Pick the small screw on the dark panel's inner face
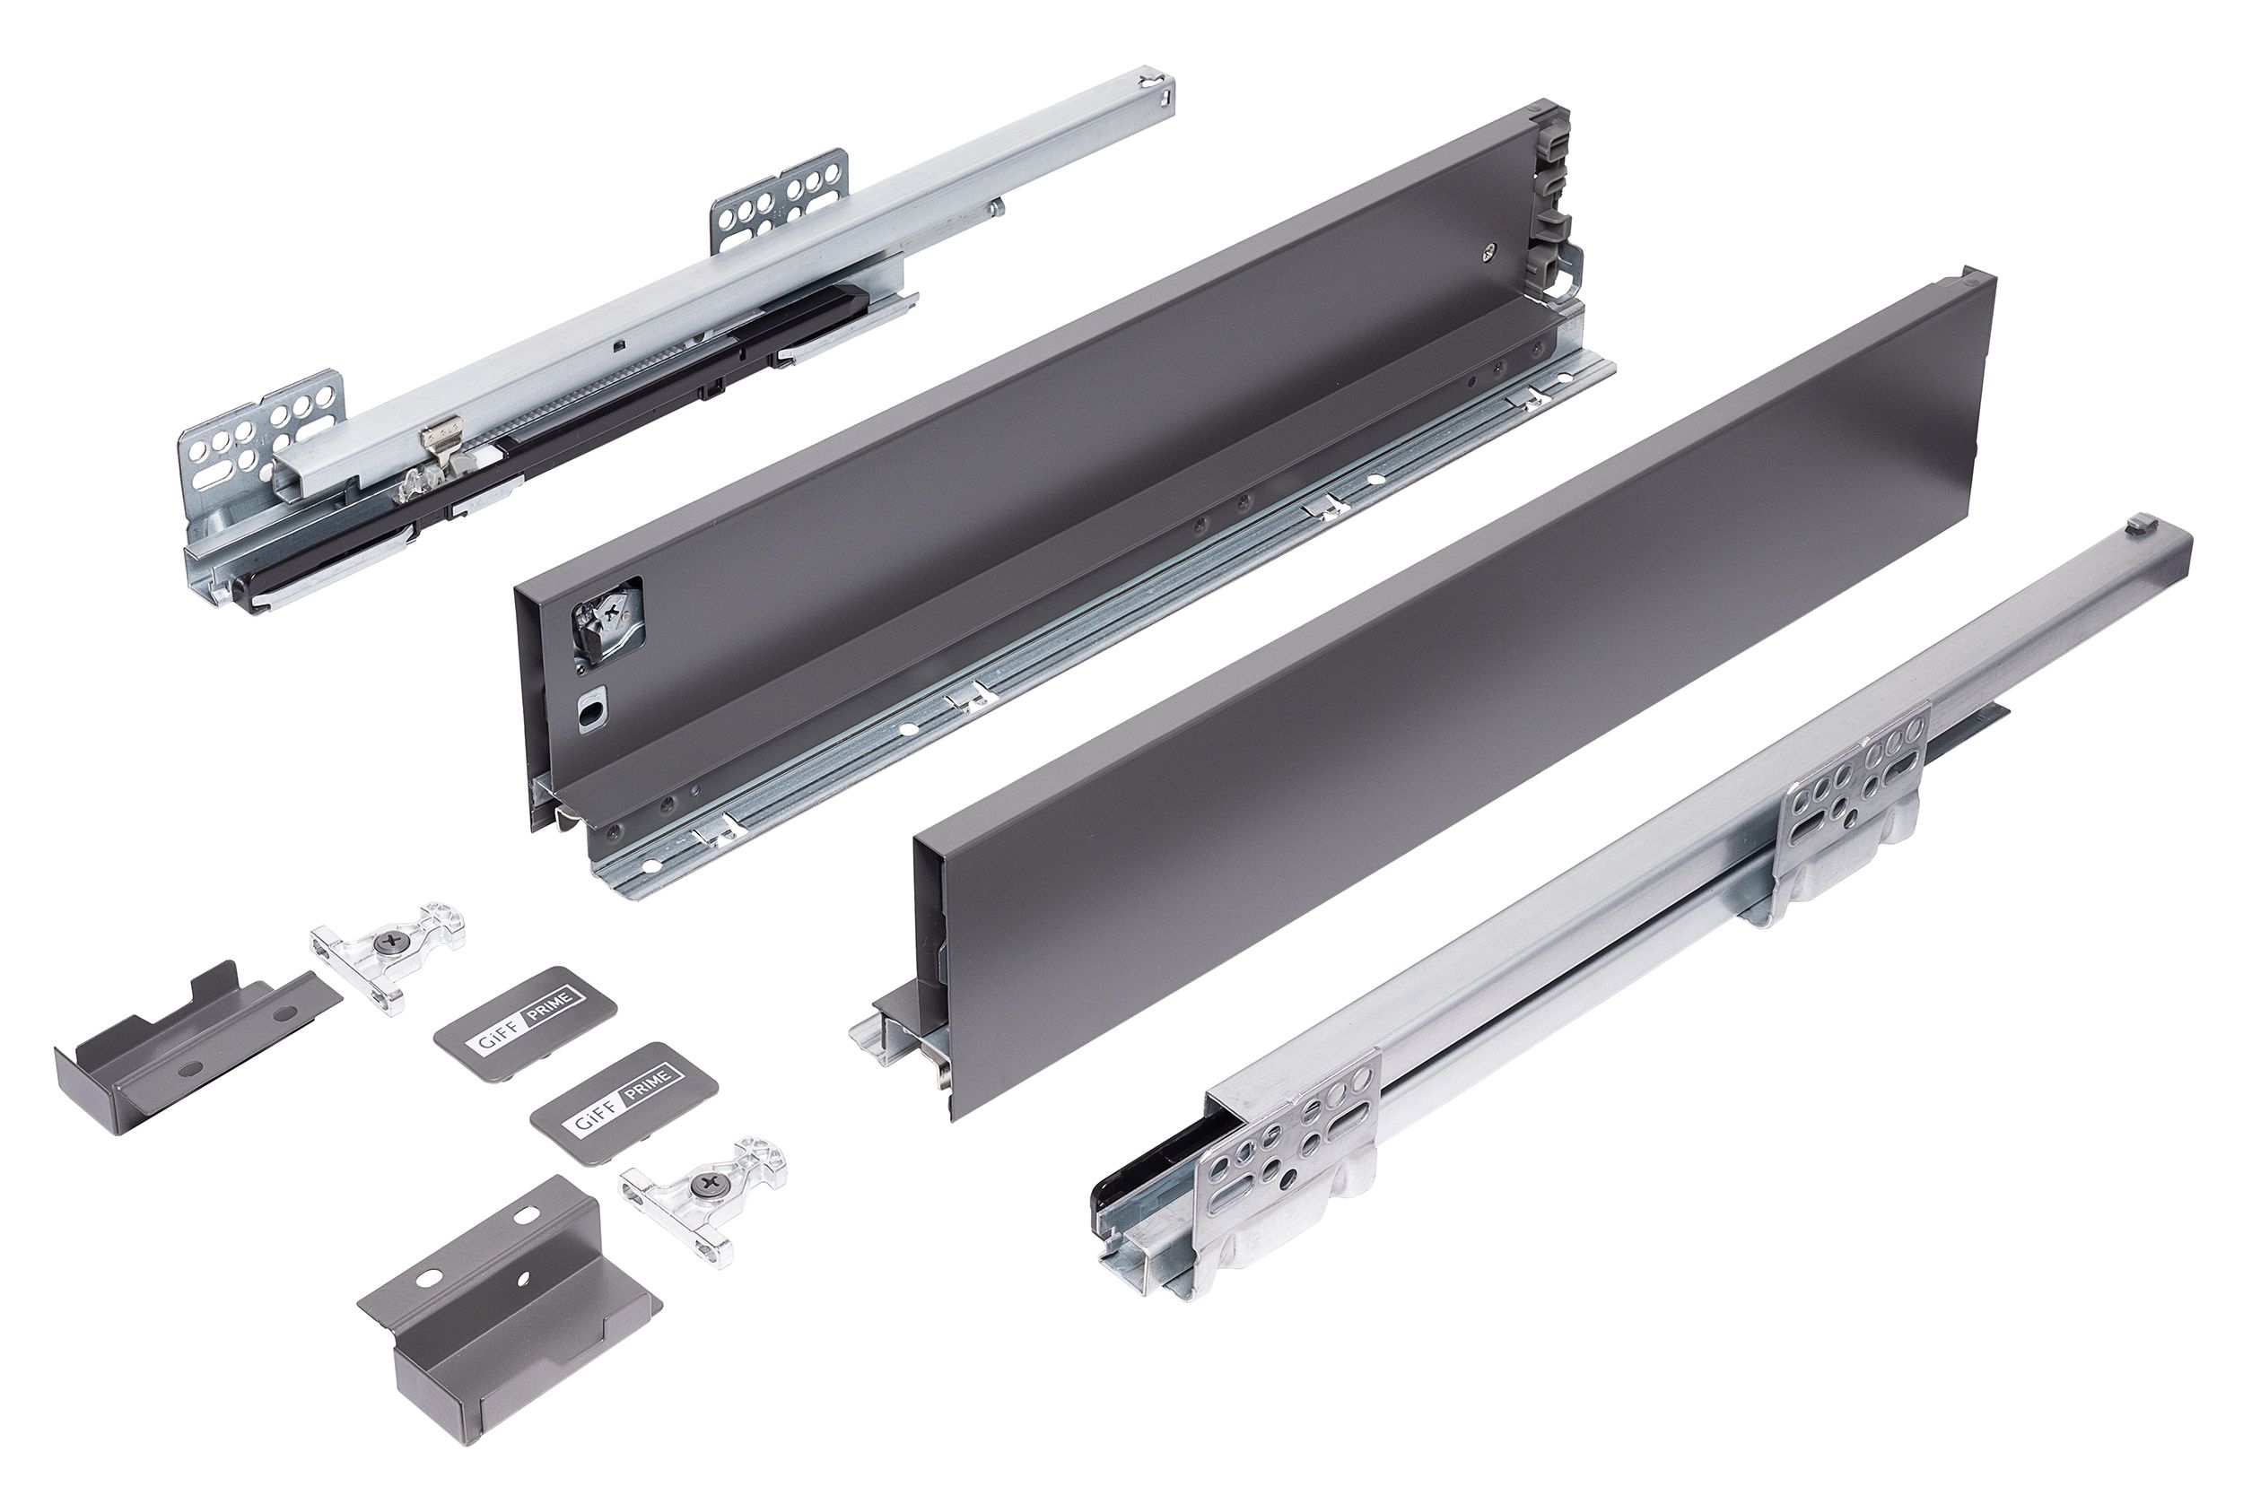click(x=1489, y=253)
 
